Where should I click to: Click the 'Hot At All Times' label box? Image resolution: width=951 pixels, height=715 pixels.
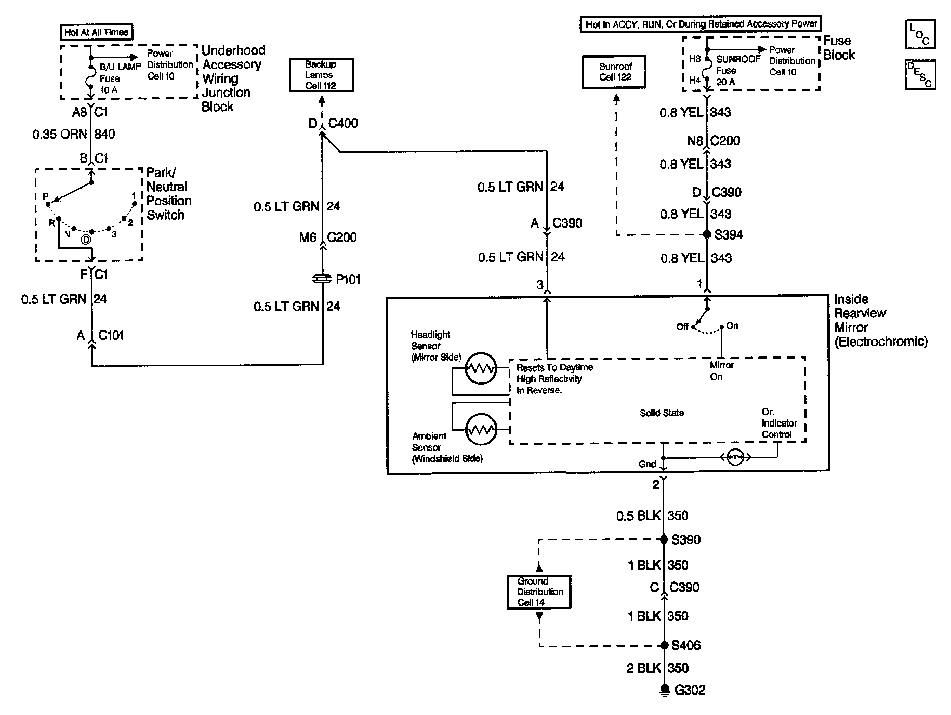click(x=96, y=32)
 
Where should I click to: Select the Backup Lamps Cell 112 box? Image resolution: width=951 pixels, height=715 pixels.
click(x=321, y=75)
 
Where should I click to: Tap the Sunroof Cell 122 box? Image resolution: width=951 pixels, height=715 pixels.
click(x=615, y=72)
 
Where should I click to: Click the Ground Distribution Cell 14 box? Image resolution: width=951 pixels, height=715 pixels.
click(x=539, y=592)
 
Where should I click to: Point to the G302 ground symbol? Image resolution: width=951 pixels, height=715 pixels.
click(x=664, y=690)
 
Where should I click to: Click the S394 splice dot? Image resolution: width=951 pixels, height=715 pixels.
click(x=707, y=234)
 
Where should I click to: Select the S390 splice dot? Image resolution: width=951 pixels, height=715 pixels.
click(x=664, y=540)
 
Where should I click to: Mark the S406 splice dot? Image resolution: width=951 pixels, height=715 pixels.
click(x=664, y=645)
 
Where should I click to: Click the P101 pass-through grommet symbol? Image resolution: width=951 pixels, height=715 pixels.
click(x=322, y=280)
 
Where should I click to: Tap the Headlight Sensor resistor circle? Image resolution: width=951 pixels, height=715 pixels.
click(x=481, y=369)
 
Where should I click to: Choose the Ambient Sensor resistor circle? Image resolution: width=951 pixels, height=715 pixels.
click(x=481, y=430)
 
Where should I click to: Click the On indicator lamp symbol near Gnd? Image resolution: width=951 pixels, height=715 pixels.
click(x=734, y=458)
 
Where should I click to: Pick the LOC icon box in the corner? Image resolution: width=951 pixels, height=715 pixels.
click(x=920, y=35)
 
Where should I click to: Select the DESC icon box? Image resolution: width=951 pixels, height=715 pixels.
click(x=920, y=75)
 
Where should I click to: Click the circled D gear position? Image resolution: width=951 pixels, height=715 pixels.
click(x=86, y=240)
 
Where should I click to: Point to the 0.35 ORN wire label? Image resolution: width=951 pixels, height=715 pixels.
click(x=59, y=135)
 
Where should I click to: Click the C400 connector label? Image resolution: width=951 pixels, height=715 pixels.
click(x=343, y=124)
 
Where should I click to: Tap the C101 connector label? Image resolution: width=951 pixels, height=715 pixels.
click(x=111, y=336)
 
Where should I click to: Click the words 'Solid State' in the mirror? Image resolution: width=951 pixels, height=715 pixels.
click(x=662, y=413)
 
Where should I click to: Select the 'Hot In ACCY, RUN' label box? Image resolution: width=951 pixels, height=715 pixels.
click(x=700, y=24)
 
